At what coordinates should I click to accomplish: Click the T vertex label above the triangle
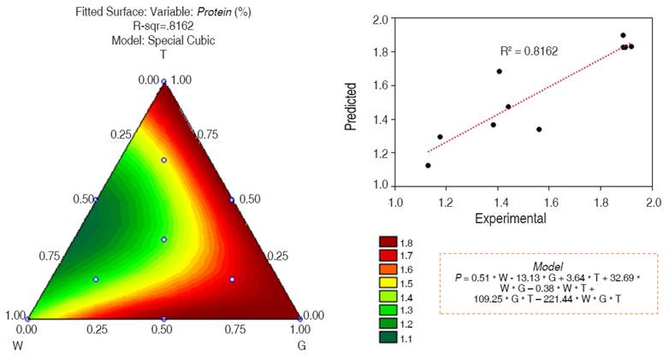pyautogui.click(x=163, y=55)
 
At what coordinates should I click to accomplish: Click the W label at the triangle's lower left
pyautogui.click(x=15, y=345)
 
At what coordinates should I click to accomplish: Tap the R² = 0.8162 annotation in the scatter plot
pyautogui.click(x=529, y=51)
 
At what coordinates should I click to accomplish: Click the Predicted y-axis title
pyautogui.click(x=351, y=106)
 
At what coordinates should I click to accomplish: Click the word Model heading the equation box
pyautogui.click(x=548, y=267)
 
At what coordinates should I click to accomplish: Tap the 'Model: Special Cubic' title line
pyautogui.click(x=163, y=40)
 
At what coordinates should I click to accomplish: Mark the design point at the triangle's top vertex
pyautogui.click(x=163, y=82)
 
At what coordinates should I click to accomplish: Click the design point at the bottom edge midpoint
pyautogui.click(x=163, y=319)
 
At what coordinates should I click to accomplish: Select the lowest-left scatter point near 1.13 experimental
pyautogui.click(x=428, y=165)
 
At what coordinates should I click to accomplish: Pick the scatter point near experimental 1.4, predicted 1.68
pyautogui.click(x=499, y=71)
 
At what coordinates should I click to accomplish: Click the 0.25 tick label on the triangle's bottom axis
pyautogui.click(x=96, y=328)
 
